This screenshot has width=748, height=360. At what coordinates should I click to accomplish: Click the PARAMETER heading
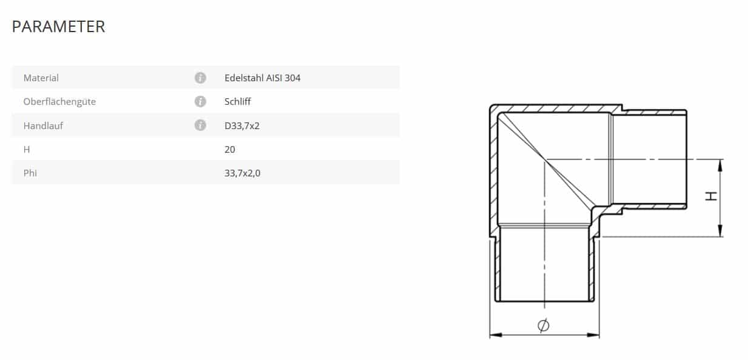click(58, 27)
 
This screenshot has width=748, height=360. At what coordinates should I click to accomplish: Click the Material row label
click(41, 78)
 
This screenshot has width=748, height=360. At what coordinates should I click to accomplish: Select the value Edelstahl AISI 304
click(262, 78)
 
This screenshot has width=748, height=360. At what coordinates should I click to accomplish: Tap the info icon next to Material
click(201, 78)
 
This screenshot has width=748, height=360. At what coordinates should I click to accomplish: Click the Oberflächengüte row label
click(59, 102)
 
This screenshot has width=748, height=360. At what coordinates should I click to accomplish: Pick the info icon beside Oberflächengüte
click(201, 102)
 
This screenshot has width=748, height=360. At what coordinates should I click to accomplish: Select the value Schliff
click(238, 102)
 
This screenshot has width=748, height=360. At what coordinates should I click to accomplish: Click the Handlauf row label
click(43, 125)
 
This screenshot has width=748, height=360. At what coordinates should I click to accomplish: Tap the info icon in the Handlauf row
click(201, 125)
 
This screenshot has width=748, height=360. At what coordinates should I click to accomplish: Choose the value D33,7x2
click(242, 126)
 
